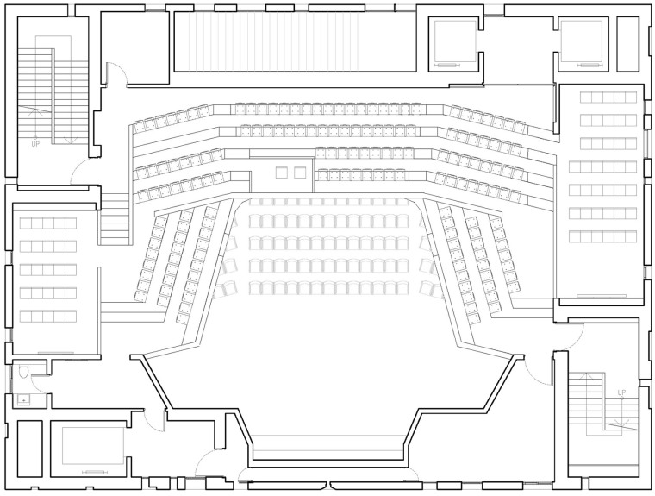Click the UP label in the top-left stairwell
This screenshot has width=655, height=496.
click(x=35, y=144)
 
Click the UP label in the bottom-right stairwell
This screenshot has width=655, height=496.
click(x=621, y=392)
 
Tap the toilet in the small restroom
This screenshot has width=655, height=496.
click(x=23, y=371)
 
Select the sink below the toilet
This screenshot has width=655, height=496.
click(x=23, y=400)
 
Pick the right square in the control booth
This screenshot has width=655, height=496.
click(x=300, y=173)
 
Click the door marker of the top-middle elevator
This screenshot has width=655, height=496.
click(x=447, y=66)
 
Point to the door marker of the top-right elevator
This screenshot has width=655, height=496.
click(x=589, y=66)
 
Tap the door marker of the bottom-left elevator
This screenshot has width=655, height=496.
click(x=95, y=472)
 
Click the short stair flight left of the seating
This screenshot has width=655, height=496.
click(x=114, y=219)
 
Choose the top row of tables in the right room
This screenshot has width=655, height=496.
click(x=608, y=97)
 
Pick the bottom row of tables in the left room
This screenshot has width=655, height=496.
click(x=48, y=316)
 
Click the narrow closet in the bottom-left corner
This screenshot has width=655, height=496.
click(x=29, y=449)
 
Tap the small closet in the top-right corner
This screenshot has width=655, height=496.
click(x=627, y=43)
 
